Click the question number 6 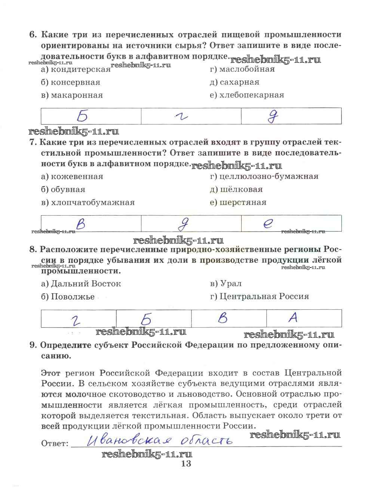coord(33,35)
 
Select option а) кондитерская coord(76,69)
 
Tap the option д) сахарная coord(234,82)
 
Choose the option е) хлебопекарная coord(247,95)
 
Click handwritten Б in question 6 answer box coord(82,116)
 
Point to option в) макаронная coord(72,95)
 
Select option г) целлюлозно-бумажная coord(264,176)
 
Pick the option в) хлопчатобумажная coord(88,202)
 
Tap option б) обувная coord(63,189)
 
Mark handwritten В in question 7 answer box coord(80,224)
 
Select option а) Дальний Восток coord(81,284)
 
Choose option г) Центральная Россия coord(260,297)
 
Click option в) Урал coord(226,284)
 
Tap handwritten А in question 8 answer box coord(293,318)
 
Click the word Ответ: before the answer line coord(55,443)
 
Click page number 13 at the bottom coord(186,464)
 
